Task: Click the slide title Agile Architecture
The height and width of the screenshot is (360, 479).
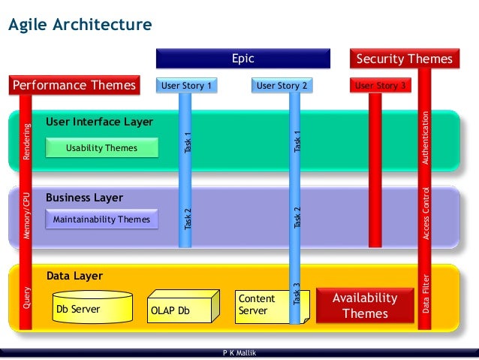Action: (80, 26)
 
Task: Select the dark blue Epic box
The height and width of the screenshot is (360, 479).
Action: (243, 59)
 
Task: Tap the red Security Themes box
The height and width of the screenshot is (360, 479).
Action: (404, 59)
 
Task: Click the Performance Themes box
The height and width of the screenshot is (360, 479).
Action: (74, 85)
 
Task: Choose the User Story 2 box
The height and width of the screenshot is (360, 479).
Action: (282, 86)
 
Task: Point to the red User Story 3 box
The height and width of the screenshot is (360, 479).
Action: (381, 86)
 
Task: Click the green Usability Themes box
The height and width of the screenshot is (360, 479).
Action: (101, 148)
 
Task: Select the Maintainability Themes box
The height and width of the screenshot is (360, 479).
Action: (101, 219)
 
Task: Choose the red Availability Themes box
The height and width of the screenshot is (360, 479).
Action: (365, 306)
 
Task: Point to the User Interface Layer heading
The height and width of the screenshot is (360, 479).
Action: (99, 122)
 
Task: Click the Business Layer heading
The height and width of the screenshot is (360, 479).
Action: (84, 198)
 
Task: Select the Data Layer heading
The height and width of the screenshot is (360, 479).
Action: (74, 276)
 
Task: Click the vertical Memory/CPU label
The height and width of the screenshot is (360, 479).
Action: (26, 215)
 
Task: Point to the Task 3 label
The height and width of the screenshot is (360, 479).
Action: (296, 294)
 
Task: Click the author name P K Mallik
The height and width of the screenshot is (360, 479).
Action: (239, 353)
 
